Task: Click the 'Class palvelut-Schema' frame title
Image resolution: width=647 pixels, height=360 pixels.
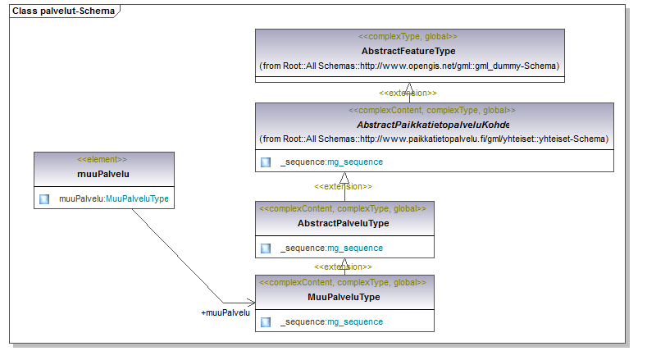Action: [63, 11]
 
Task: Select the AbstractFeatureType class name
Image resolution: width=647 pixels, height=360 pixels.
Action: [408, 51]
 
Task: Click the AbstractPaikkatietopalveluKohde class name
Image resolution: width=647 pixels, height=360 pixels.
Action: [433, 125]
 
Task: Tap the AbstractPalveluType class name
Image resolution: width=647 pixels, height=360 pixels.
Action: [344, 223]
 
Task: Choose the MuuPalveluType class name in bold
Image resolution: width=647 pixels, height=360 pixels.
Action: [344, 297]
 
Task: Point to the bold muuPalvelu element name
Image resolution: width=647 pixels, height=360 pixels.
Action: [103, 174]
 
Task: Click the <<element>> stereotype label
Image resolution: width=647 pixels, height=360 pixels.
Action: [102, 159]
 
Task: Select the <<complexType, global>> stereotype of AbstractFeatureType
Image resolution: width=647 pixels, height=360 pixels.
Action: [408, 36]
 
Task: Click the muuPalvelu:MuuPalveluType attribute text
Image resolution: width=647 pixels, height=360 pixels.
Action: [114, 198]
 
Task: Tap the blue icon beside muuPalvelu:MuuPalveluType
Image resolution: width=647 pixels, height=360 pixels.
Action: [44, 199]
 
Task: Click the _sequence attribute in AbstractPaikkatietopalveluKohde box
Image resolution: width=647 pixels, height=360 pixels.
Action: [332, 162]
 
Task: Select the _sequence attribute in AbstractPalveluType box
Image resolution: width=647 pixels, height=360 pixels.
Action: [332, 248]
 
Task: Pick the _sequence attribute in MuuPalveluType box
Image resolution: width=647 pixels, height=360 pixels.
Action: [332, 322]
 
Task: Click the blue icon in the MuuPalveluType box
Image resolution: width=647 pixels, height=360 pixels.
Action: [266, 322]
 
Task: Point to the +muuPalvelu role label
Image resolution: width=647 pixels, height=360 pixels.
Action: [226, 313]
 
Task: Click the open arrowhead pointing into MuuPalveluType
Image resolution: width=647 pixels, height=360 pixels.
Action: [251, 303]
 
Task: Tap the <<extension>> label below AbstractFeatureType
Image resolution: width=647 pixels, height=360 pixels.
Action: [408, 93]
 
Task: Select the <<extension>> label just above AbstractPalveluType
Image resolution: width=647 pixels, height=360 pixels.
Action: [343, 187]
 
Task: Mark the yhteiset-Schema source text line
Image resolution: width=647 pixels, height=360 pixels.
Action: [434, 139]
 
